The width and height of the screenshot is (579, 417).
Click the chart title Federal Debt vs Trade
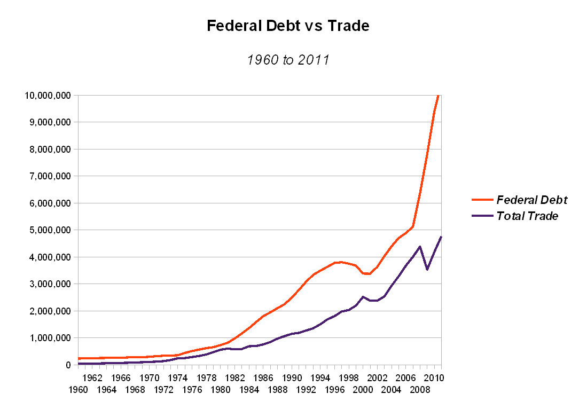[288, 26]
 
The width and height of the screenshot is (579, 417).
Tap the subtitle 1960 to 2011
[288, 60]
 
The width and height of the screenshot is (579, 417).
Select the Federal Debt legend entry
[531, 200]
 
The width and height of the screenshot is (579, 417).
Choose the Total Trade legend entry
[527, 216]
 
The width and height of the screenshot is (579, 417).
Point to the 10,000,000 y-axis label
[46, 96]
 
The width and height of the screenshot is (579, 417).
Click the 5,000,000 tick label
[49, 230]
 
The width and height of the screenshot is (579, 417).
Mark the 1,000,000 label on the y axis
[49, 338]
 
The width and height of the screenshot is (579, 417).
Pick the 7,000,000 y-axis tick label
[49, 176]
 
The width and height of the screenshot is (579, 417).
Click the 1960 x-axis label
[79, 389]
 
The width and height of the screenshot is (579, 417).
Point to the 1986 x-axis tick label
[263, 378]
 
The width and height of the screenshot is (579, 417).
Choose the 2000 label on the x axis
[363, 389]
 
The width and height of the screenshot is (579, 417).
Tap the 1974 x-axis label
[178, 378]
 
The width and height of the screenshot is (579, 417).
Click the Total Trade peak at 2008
[420, 247]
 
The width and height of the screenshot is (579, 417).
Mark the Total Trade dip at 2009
[427, 270]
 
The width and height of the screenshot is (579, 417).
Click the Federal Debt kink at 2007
[412, 226]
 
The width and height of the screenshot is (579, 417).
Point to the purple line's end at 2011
[441, 237]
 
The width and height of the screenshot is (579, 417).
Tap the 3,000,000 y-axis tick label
[49, 284]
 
